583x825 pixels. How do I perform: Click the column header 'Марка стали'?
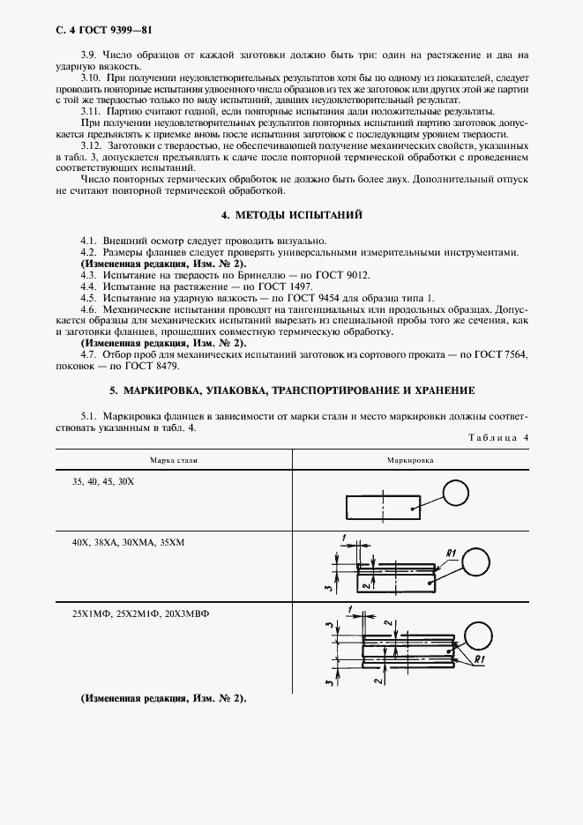[x=174, y=459]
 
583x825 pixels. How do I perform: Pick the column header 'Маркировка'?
[x=408, y=459]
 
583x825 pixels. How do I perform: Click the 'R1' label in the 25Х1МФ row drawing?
[x=480, y=659]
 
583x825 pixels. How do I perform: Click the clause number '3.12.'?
[x=91, y=145]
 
